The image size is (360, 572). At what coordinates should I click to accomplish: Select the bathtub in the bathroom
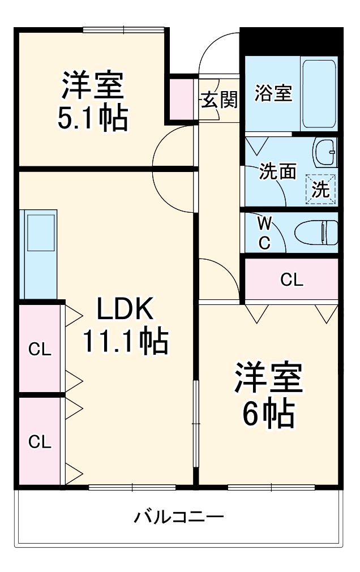coord(319,93)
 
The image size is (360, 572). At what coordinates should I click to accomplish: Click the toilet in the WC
coord(317,232)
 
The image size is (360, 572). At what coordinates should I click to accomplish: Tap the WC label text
coord(264,233)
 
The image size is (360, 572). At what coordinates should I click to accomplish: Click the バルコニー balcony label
coord(179,517)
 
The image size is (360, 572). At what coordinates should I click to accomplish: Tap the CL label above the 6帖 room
coord(292,279)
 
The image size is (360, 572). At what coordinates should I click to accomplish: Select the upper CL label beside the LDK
coord(40,349)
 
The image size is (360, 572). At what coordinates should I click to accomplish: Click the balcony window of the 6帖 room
coord(271,487)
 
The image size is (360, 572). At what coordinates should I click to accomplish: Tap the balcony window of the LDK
coord(132,487)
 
